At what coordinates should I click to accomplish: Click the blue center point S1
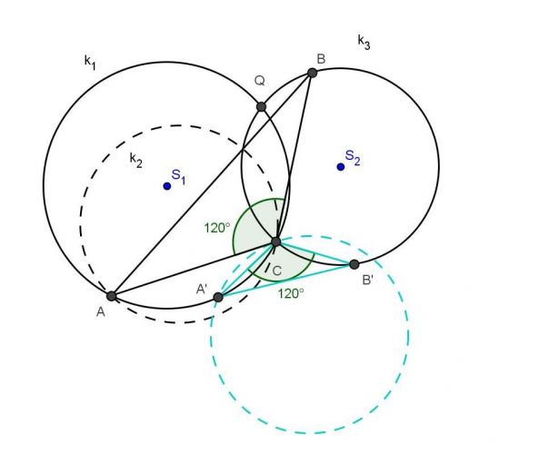point(167,186)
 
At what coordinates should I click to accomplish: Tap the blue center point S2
point(341,167)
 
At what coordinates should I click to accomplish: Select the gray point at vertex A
point(112,296)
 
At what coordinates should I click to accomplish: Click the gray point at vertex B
point(312,73)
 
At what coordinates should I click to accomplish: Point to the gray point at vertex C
point(276,242)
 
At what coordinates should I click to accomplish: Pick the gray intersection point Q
point(261,107)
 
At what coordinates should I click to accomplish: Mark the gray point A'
point(218,297)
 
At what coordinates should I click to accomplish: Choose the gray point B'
point(354,264)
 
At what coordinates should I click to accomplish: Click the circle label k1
point(90,62)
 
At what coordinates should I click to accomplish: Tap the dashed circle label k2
point(135,160)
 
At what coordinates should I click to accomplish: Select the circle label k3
point(364,43)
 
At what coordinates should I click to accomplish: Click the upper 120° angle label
point(216,228)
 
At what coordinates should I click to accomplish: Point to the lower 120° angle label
point(291,293)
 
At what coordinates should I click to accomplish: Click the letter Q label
point(260,81)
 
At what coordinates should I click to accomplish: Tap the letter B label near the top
point(321,59)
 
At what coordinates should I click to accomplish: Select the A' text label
point(202,289)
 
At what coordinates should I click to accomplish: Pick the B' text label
point(367,281)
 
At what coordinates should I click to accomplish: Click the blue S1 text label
point(178,176)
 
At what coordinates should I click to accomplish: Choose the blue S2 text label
point(353,158)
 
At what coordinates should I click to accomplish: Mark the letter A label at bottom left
point(100,311)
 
